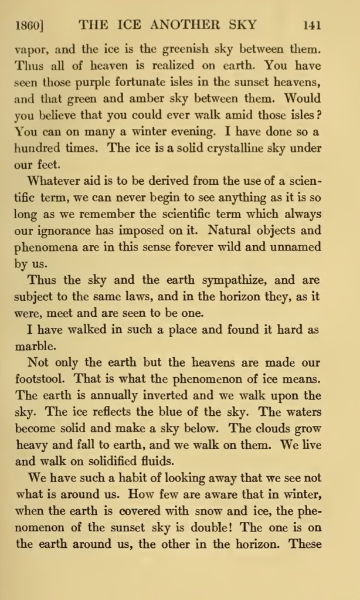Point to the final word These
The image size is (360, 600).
coord(305,544)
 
